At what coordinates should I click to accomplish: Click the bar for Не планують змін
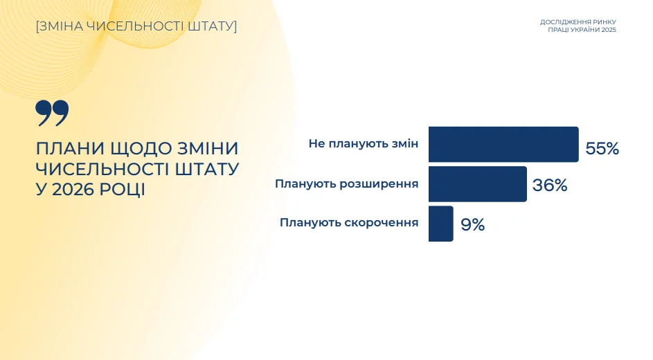503,145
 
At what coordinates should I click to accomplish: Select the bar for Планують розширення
478,184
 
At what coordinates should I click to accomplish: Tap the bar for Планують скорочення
441,224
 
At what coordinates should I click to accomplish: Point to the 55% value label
602,149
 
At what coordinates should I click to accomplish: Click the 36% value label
550,186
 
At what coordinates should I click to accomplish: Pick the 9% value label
473,225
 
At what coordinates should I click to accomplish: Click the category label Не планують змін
364,143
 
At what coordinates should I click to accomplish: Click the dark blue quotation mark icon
52,112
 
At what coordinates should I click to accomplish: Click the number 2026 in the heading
73,190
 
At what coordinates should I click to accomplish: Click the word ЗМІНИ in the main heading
208,149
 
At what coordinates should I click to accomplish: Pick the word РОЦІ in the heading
123,190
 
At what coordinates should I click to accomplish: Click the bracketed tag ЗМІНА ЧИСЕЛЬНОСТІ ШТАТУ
136,26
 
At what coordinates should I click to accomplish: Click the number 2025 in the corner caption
609,30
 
